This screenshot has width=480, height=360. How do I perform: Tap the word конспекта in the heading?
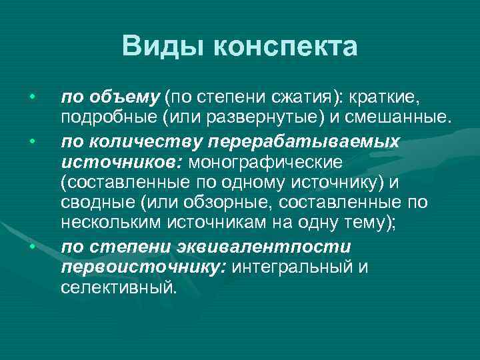pyautogui.click(x=286, y=47)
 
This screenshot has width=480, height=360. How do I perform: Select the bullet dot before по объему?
pyautogui.click(x=31, y=99)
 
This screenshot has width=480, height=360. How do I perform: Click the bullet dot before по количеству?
pyautogui.click(x=31, y=141)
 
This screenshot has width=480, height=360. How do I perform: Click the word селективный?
pyautogui.click(x=119, y=287)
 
